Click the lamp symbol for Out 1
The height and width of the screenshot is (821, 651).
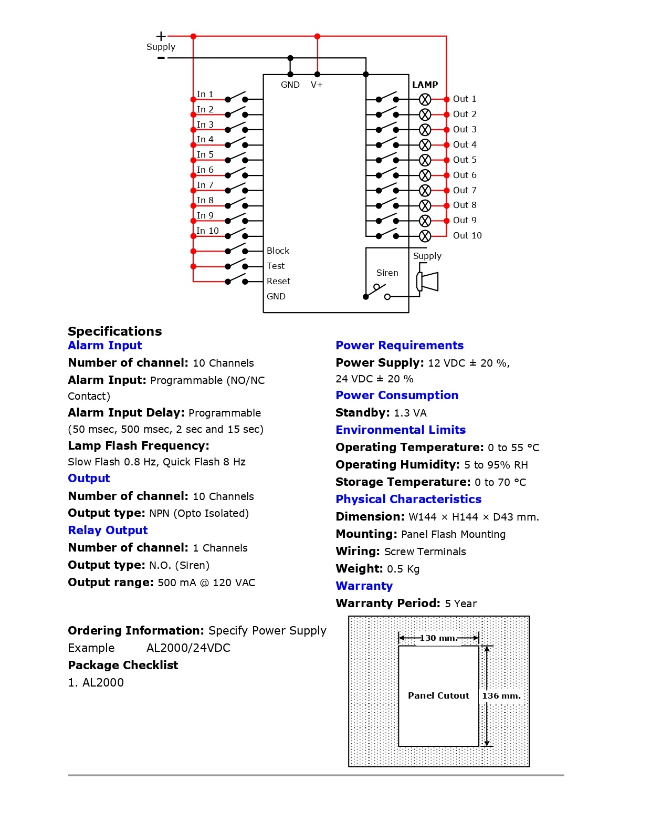425,99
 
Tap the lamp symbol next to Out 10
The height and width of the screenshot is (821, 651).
425,236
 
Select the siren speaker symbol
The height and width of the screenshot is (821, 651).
428,282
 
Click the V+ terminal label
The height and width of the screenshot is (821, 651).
317,85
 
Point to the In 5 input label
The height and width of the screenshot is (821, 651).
205,154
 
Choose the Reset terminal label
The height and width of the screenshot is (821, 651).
278,281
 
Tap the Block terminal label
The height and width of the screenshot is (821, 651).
278,251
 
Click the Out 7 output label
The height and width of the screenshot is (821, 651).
465,190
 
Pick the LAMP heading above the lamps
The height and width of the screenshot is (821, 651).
425,85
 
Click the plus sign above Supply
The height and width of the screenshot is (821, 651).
161,36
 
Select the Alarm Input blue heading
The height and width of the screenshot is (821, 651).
105,345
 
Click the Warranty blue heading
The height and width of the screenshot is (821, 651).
364,586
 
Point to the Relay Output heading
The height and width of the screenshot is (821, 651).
108,530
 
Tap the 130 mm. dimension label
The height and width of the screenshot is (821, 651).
438,638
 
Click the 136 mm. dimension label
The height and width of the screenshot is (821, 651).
501,695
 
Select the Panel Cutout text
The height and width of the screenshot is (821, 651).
438,695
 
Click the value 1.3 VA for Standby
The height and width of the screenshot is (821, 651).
410,413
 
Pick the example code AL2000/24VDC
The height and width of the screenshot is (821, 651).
188,648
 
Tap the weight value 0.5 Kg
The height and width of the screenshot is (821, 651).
403,569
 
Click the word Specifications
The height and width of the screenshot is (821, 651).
114,331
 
